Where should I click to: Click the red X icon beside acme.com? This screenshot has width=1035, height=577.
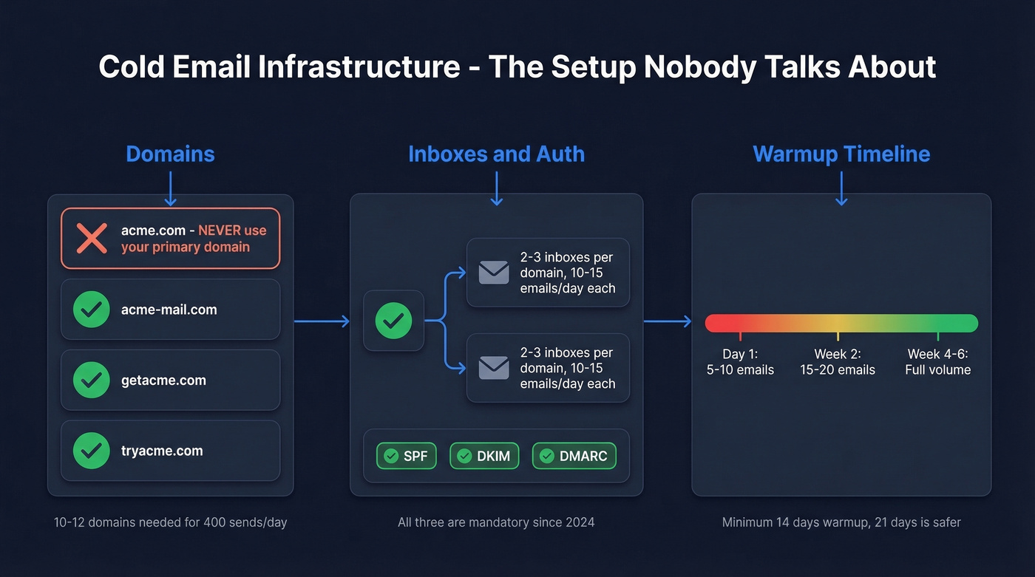[x=92, y=239]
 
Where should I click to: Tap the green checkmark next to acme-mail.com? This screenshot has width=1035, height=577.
[x=92, y=310]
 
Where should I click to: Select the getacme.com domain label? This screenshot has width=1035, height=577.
[x=163, y=380]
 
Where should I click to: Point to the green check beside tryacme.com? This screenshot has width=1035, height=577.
[x=92, y=451]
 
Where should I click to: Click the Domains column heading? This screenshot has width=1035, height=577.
[x=170, y=154]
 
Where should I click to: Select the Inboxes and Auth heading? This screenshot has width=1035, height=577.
[x=496, y=154]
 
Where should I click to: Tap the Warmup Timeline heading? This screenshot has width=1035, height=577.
[x=841, y=154]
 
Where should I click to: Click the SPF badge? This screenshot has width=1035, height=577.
[x=406, y=456]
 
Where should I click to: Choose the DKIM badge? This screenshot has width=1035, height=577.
[x=484, y=456]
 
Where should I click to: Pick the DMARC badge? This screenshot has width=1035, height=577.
[x=574, y=456]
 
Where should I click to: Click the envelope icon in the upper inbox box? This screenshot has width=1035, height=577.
[x=494, y=273]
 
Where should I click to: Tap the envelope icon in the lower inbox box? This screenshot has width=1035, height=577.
[x=494, y=368]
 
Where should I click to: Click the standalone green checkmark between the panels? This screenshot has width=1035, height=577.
[x=393, y=321]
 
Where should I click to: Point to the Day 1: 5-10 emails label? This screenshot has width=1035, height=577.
[x=740, y=362]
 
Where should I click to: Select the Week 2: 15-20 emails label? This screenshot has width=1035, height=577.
[x=838, y=362]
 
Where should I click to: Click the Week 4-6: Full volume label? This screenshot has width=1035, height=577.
[x=937, y=362]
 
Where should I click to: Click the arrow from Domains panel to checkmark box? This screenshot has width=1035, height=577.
[x=322, y=321]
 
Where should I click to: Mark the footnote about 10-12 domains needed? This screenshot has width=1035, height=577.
[x=170, y=522]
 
